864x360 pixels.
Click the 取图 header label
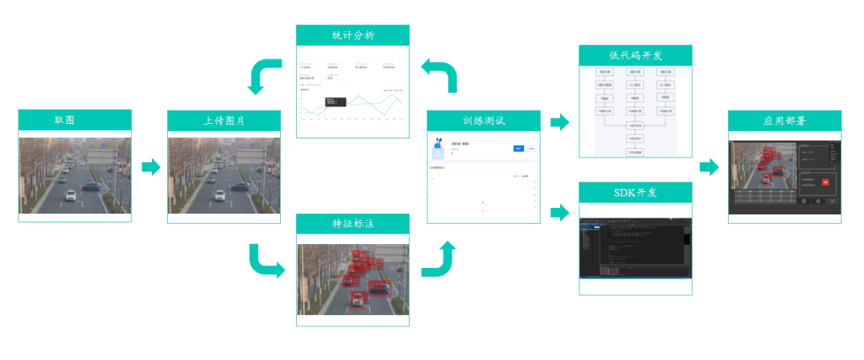75,121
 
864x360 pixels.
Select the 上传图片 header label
224,121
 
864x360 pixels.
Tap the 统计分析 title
353,35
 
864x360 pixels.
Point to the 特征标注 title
353,224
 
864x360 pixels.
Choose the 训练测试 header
484,121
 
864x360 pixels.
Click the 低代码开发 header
635,55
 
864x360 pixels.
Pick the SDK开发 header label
635,193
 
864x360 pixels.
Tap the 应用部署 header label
784,121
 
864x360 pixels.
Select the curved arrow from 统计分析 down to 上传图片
264,76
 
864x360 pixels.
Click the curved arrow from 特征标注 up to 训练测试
439,261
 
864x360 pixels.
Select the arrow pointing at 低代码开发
560,122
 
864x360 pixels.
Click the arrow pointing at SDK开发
560,212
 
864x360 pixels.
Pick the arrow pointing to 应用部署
709,167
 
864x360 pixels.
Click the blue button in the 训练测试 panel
518,148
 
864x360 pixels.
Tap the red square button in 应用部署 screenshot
825,182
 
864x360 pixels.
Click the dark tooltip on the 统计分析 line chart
334,102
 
